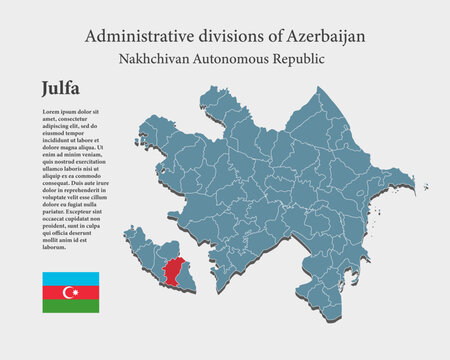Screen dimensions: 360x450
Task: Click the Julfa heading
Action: tap(64, 89)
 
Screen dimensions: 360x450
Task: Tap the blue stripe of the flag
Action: tap(70, 278)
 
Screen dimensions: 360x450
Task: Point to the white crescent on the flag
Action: tap(68, 292)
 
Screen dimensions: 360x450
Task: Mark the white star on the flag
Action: tap(73, 292)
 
